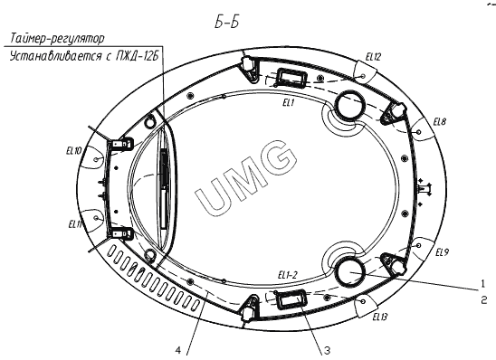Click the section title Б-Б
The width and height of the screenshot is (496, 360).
point(226,22)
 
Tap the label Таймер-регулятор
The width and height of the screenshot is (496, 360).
point(57,39)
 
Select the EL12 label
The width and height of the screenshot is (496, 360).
point(373,57)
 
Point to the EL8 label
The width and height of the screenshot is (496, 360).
point(439,122)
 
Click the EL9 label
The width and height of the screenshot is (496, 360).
point(442,252)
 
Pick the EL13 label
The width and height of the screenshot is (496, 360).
point(379,317)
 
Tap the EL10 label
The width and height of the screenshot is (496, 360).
point(74,151)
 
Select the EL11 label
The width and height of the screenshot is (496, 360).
point(75,224)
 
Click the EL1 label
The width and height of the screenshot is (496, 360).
point(289,103)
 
